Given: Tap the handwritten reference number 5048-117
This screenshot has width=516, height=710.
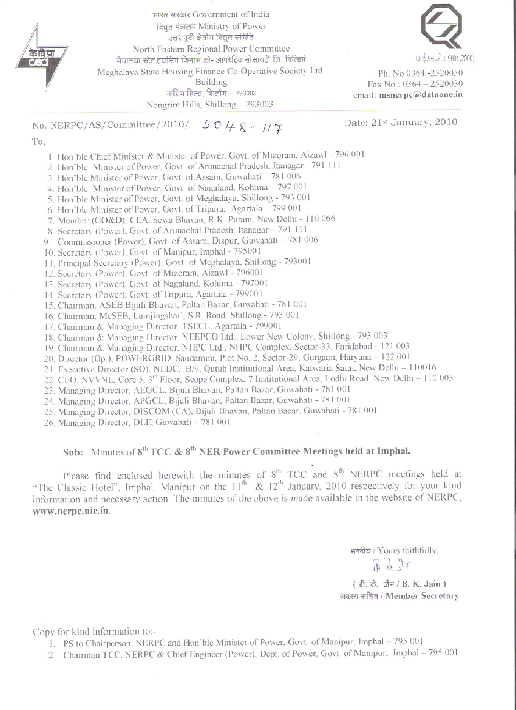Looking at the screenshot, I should pos(243,127).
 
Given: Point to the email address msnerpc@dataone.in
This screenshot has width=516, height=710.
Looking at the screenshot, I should pos(421,95).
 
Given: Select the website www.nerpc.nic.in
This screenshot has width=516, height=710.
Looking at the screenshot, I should pos(71,511).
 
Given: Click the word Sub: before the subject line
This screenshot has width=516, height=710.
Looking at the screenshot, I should pos(73,452).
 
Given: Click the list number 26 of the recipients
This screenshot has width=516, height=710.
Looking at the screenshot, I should pos(50,423).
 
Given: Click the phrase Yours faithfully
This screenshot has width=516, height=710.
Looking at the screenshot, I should pos(408,550).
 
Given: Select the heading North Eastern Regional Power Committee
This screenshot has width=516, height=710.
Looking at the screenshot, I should pos(211,49).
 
